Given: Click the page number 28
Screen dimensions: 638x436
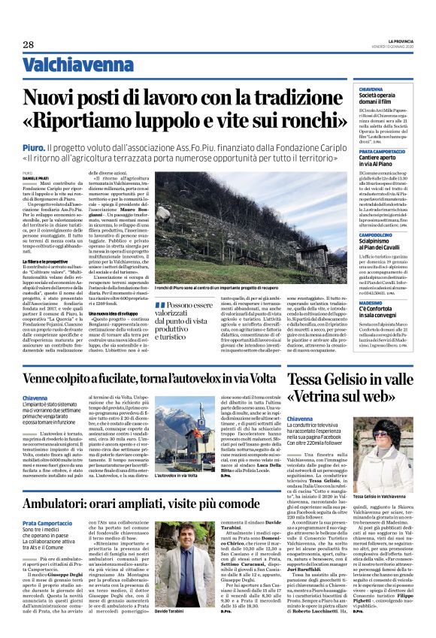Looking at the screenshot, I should tap(28, 44).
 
